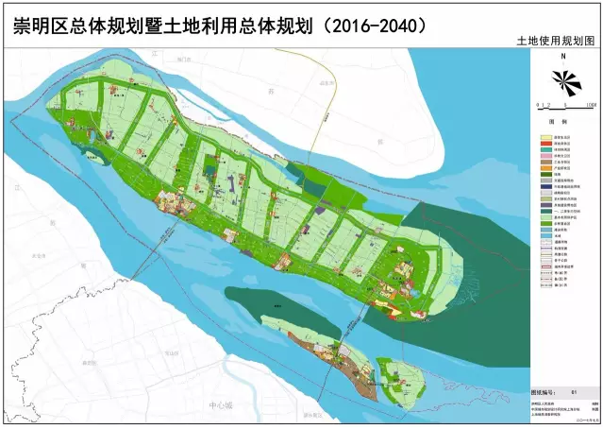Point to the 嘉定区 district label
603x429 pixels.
pyautogui.click(x=90, y=363)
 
